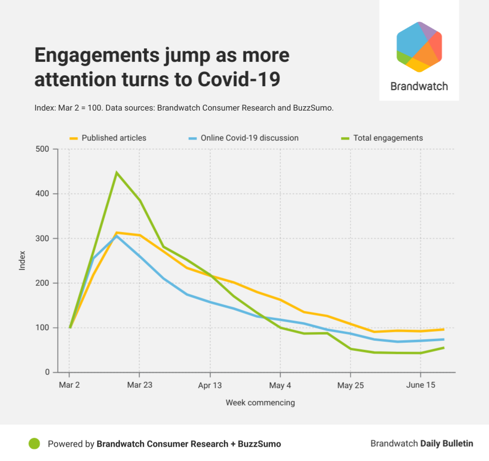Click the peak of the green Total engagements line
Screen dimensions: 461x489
pos(116,172)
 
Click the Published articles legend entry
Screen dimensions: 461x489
pos(114,138)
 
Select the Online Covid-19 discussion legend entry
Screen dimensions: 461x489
pos(249,138)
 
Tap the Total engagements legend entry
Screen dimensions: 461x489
pos(388,138)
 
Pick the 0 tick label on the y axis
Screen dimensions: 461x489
pos(47,372)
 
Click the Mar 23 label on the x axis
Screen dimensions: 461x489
pos(140,385)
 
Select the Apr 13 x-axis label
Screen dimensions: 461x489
pos(210,385)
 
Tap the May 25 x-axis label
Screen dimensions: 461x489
pos(350,385)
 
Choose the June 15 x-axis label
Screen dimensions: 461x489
pos(420,385)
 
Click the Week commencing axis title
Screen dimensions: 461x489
pos(260,403)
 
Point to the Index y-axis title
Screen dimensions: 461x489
pos(22,261)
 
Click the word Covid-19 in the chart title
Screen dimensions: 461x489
pos(239,79)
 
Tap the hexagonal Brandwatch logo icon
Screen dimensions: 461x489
pos(419,47)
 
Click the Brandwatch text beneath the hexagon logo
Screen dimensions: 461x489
pos(419,86)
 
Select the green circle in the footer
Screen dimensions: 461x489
pos(34,444)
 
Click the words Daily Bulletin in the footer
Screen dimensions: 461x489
pos(447,443)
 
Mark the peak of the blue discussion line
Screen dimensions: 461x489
pos(116,236)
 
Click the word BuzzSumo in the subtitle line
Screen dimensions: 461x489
pos(313,108)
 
